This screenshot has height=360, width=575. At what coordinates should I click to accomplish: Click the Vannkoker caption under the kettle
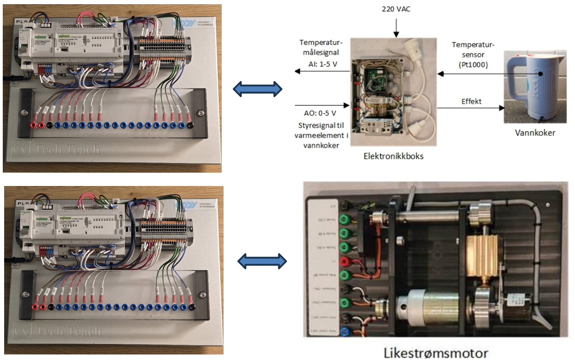tap(535, 133)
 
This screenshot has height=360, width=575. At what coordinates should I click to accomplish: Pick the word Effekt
tap(471, 101)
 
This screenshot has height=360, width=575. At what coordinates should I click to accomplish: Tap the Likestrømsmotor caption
tap(436, 353)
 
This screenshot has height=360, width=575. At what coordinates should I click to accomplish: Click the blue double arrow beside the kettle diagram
tap(257, 88)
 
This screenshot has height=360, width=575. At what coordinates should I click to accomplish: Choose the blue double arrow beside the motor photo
tap(262, 262)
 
